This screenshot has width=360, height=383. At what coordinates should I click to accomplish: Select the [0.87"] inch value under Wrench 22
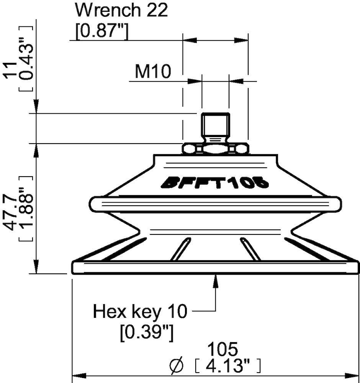(x=101, y=33)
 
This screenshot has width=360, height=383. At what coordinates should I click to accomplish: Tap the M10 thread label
(x=153, y=72)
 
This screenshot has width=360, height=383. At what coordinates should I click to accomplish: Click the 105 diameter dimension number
(x=223, y=349)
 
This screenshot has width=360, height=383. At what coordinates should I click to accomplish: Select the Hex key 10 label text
(x=140, y=312)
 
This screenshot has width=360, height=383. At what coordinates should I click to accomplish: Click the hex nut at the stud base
(x=215, y=148)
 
